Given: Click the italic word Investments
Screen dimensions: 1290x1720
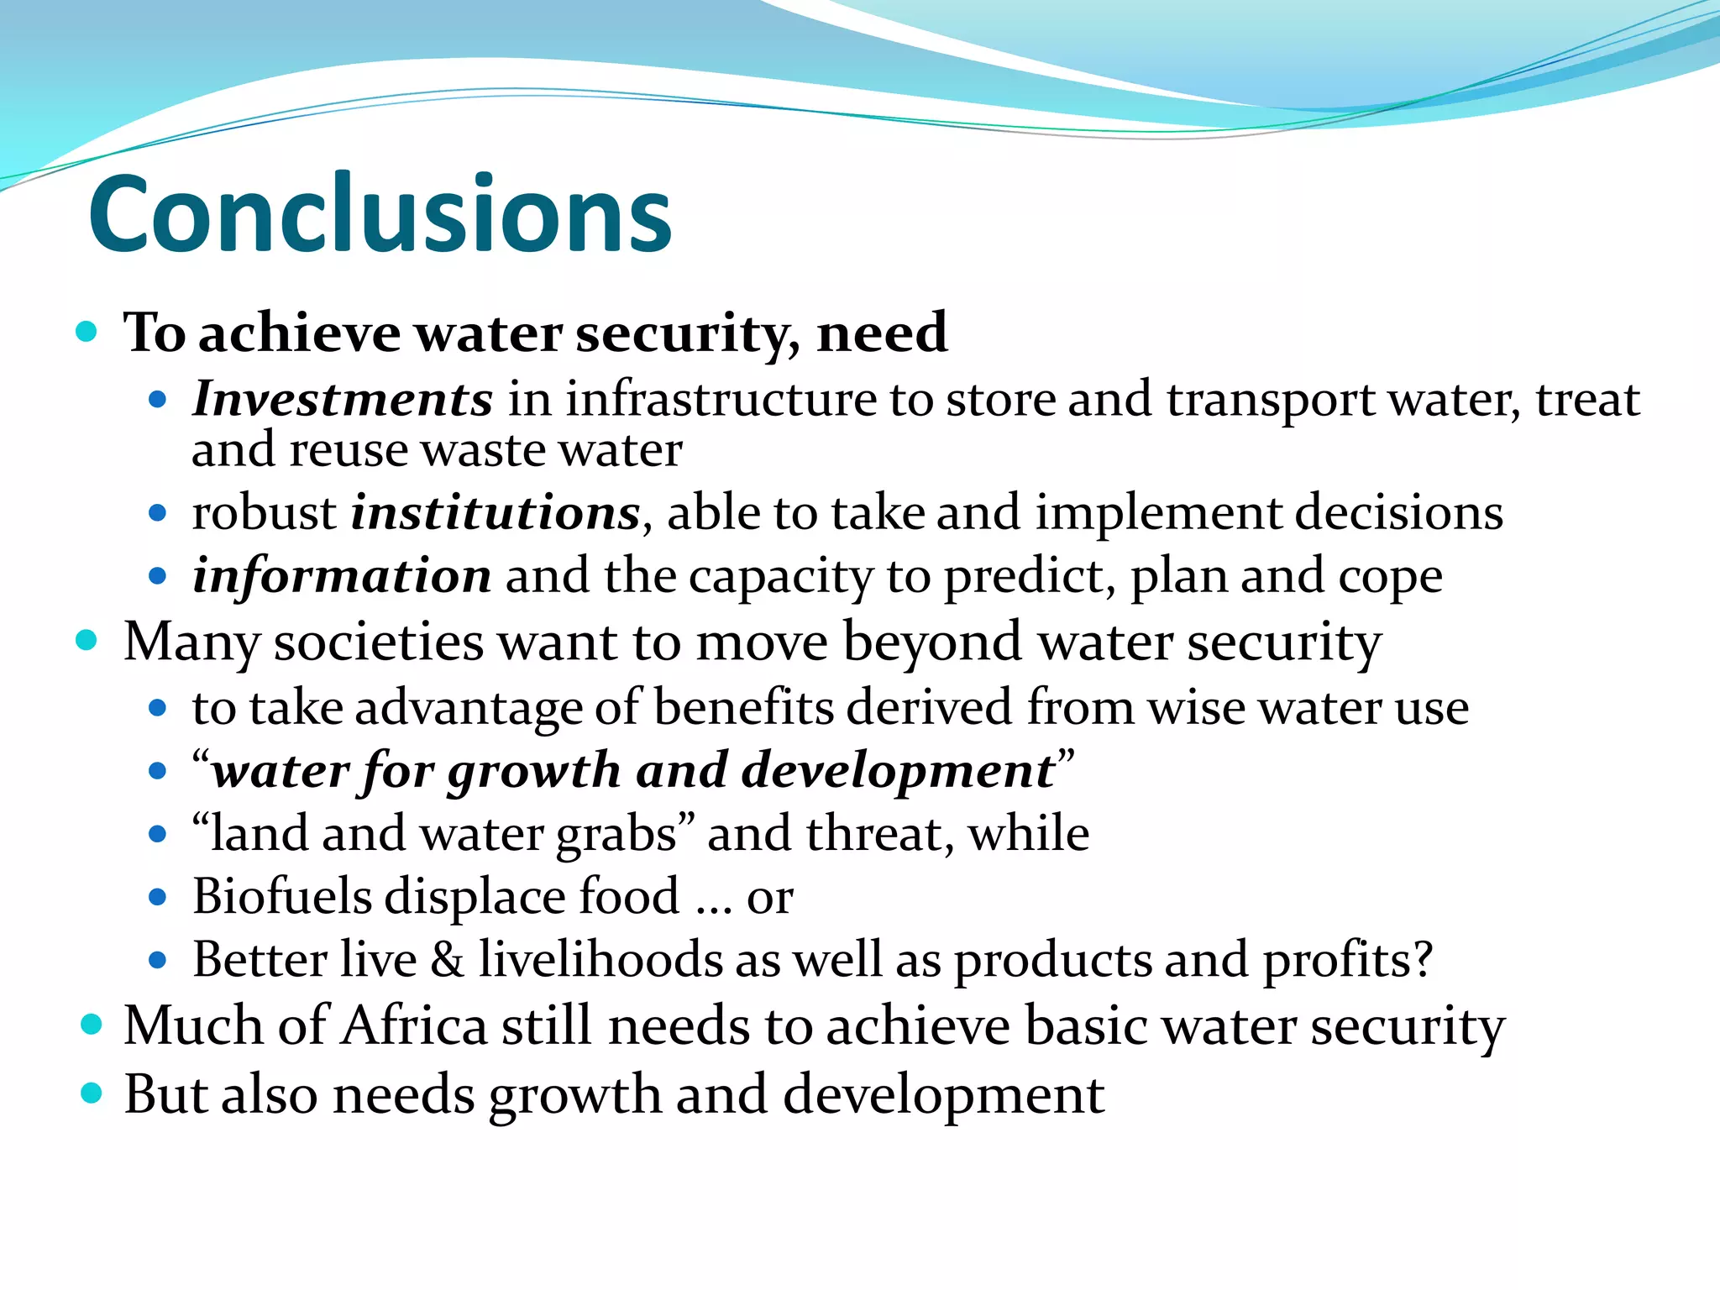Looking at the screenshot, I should [342, 399].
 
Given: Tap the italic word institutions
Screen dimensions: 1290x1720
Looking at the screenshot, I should [496, 512].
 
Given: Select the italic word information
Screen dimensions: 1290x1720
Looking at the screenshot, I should [342, 576].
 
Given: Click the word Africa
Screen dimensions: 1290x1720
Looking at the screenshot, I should [414, 1026].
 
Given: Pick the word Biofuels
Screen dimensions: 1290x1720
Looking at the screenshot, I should [281, 896].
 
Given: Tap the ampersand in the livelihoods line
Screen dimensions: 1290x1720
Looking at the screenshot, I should [447, 960].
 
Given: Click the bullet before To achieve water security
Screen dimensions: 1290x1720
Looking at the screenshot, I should [87, 332].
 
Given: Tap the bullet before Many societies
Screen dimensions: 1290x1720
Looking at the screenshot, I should [87, 642].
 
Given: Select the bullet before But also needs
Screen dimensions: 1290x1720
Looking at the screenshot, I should [91, 1093].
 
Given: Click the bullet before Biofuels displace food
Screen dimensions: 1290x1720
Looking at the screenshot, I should [157, 897].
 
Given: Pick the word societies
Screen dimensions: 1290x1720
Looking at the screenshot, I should [379, 642].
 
